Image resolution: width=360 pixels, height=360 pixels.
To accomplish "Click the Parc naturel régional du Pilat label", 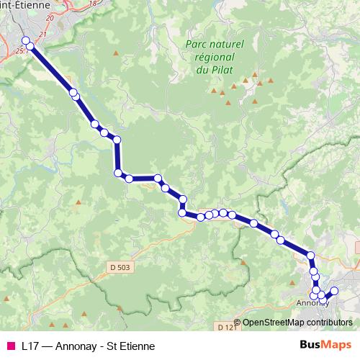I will point(215,57).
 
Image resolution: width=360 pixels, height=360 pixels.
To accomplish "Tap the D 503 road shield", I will point(122,268).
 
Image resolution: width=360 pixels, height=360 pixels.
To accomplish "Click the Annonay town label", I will point(312,304).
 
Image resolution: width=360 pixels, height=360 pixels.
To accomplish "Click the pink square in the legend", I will point(10,346).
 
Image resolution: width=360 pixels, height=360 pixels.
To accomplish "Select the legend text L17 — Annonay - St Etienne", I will point(88,346).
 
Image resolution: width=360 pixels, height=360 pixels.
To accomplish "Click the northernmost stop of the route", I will point(26,40).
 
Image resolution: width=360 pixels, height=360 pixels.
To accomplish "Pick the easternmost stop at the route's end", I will point(334,291).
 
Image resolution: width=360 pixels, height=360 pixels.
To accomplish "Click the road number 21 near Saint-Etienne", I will point(42,35).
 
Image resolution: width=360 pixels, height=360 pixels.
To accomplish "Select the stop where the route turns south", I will point(117,139).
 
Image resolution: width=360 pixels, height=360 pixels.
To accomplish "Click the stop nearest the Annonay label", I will point(314,295).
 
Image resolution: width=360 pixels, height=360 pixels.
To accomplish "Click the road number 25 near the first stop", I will point(19,50).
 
